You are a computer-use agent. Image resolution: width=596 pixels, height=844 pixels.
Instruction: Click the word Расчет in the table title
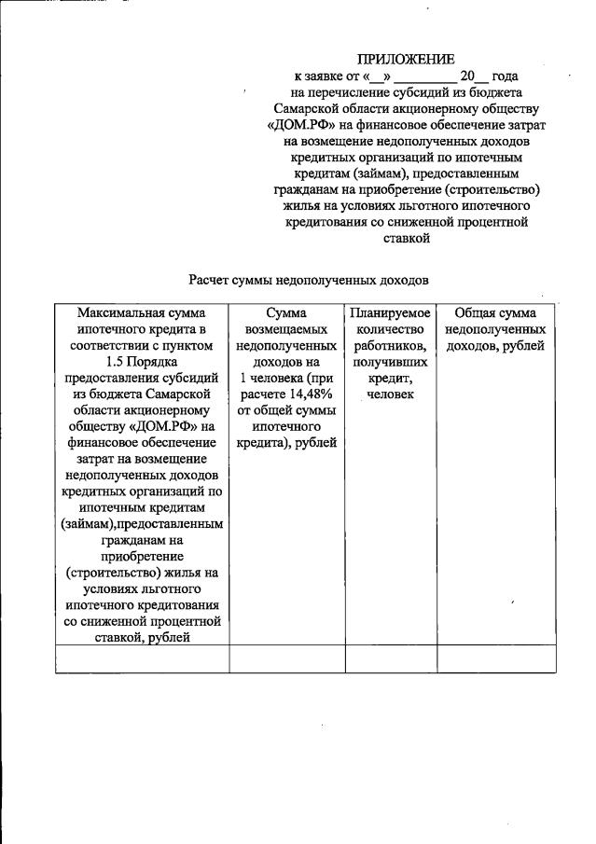click(x=213, y=279)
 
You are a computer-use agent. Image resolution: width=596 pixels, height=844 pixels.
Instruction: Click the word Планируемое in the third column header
click(x=391, y=313)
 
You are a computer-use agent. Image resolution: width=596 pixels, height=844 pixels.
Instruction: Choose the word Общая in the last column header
click(x=475, y=313)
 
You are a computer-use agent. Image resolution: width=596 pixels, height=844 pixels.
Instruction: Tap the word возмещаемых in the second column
click(x=286, y=329)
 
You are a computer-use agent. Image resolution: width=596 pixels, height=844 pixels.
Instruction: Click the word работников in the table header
click(x=390, y=346)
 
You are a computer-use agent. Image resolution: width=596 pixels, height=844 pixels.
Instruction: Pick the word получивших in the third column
click(x=391, y=362)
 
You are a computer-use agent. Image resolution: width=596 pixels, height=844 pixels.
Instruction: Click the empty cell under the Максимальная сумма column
click(x=142, y=658)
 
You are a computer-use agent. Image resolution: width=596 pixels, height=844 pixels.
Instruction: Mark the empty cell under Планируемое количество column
click(x=391, y=658)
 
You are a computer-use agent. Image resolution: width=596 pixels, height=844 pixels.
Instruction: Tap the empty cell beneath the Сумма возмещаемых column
click(x=286, y=658)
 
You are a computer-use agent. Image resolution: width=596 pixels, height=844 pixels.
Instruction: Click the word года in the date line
click(x=504, y=76)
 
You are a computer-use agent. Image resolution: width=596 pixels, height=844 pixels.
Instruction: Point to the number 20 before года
click(x=469, y=76)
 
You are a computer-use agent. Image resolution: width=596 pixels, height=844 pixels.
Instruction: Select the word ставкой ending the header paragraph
click(x=406, y=238)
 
